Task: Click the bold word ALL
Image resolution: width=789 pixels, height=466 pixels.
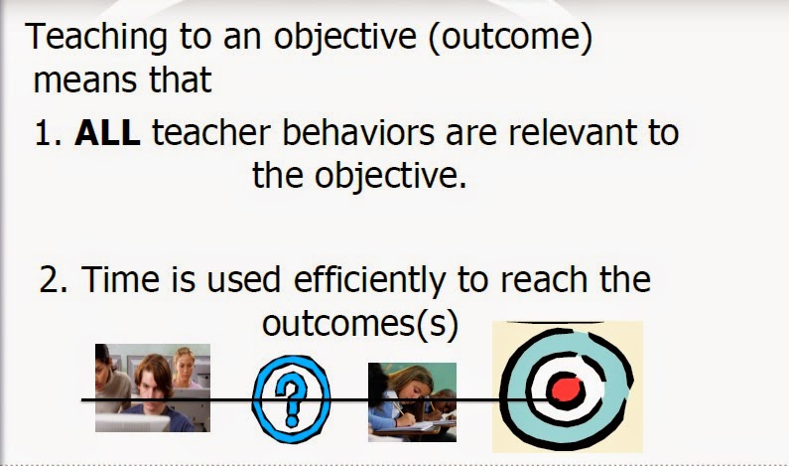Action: click(x=107, y=132)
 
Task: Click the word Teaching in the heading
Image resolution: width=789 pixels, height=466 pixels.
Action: click(x=96, y=39)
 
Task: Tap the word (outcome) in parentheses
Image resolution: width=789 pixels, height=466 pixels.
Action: click(x=510, y=38)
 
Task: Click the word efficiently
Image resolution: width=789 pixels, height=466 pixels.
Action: click(x=370, y=280)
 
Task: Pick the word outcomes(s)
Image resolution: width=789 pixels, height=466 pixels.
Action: click(x=360, y=323)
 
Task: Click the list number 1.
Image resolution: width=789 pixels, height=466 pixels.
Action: click(x=48, y=133)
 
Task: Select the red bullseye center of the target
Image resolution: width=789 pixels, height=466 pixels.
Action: click(x=567, y=389)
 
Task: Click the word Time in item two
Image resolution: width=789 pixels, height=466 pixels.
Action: click(x=120, y=279)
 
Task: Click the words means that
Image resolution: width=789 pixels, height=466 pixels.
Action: click(x=122, y=79)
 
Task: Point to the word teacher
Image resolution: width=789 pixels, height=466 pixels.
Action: click(x=211, y=132)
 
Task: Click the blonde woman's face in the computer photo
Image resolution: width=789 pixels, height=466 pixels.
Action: click(x=184, y=366)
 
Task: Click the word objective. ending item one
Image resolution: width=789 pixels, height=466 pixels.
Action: click(x=359, y=177)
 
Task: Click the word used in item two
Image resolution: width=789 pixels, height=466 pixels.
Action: click(x=243, y=279)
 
